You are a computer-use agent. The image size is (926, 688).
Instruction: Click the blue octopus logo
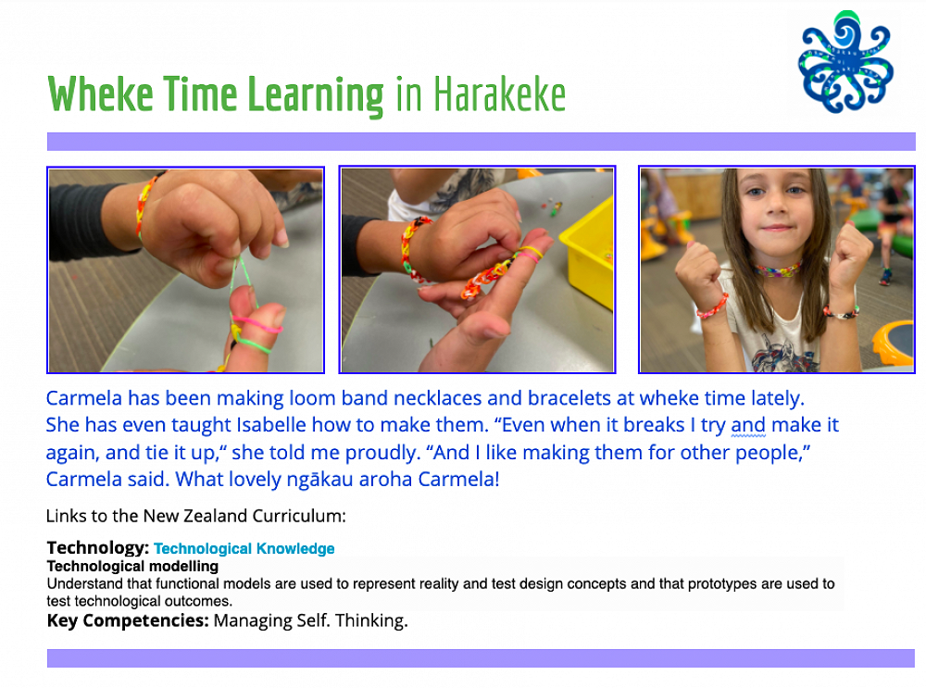845,63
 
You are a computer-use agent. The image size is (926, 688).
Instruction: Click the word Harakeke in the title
500,94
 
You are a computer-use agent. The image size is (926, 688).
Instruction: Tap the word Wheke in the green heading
100,94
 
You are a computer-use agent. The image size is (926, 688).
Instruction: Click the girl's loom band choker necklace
777,270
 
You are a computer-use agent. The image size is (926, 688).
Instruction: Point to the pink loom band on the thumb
257,323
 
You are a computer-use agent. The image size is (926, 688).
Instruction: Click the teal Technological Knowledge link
244,548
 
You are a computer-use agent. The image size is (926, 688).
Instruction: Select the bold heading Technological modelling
132,567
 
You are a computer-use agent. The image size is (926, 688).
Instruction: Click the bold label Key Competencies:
128,620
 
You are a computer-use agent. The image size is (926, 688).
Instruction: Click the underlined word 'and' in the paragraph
748,425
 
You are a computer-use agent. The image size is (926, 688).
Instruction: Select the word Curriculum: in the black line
299,516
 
